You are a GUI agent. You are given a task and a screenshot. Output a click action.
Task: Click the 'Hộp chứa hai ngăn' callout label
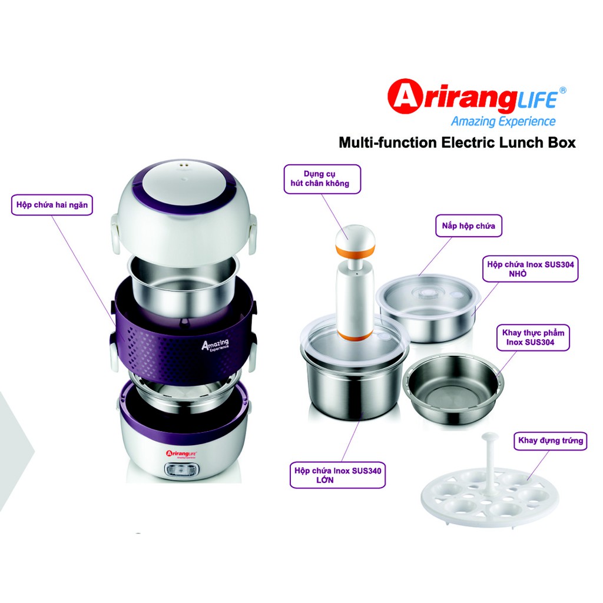(52, 204)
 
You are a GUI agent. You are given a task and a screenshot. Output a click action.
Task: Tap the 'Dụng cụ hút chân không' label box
(322, 179)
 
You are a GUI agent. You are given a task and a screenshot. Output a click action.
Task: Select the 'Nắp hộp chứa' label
(468, 226)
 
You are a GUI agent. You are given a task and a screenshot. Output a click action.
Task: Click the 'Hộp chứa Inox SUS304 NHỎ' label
(531, 269)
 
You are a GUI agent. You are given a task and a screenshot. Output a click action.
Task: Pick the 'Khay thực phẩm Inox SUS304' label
(533, 337)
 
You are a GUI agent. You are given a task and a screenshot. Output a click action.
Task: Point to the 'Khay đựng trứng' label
(551, 440)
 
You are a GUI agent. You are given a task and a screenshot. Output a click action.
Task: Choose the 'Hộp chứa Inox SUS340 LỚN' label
(337, 475)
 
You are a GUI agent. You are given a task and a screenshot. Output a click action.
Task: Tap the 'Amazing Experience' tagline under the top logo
(503, 121)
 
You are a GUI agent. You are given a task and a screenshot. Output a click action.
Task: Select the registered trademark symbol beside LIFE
(562, 90)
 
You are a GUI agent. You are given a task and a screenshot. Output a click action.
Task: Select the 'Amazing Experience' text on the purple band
(216, 344)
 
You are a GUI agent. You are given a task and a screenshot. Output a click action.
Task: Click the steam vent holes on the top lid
(184, 163)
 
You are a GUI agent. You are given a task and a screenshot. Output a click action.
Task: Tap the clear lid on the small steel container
(428, 291)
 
